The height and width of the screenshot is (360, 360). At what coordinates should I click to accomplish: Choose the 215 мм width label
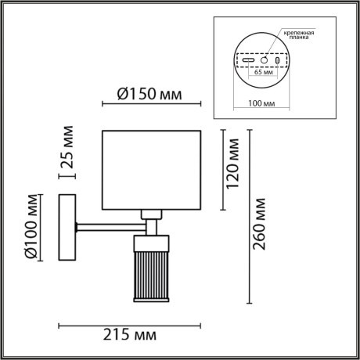(x=129, y=335)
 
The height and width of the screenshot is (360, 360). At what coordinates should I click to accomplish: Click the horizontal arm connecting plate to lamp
(x=106, y=228)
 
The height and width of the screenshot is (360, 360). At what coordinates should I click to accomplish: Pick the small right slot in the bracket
(x=277, y=60)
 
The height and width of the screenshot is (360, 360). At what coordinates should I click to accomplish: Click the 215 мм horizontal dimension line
(x=129, y=322)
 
